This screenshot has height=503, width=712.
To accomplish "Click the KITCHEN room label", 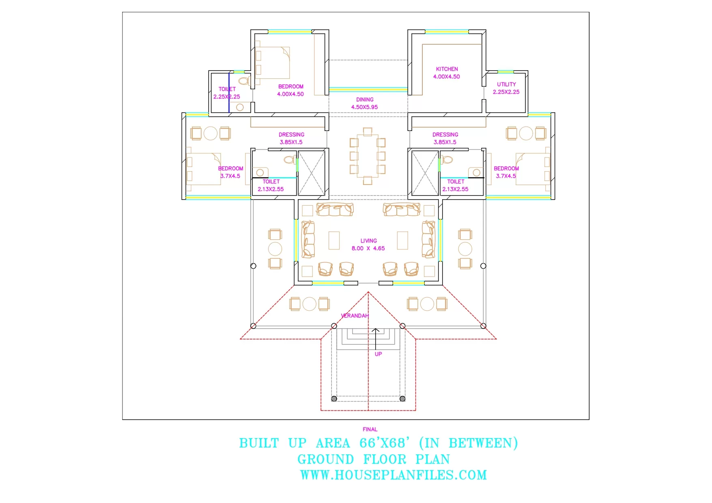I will point(447,69).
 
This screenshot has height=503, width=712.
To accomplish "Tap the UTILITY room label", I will point(506,84).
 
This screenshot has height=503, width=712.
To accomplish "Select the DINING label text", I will point(365,100).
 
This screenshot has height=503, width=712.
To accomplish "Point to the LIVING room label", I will point(368,241).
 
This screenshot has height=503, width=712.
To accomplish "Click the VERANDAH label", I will point(355,316).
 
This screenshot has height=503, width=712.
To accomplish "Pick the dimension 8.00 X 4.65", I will point(368,249).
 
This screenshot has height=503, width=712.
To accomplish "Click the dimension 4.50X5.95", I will point(364,107).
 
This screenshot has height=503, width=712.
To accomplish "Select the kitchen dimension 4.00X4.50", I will point(446,77).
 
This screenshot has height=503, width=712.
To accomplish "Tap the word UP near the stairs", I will point(378,354).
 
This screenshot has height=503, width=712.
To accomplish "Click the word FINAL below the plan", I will point(370,429).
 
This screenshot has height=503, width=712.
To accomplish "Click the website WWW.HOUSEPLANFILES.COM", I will point(393,475).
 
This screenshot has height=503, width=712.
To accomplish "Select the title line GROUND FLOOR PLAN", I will point(373,459).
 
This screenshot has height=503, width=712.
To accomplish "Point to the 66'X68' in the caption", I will point(384,443).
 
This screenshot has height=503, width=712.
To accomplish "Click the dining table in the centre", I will point(368,156).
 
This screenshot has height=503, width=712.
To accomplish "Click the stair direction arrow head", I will point(376,330).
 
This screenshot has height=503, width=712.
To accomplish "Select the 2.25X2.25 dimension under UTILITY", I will point(506,92).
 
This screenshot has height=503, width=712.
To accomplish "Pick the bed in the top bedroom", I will point(272,63).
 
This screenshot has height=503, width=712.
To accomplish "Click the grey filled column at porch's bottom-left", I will point(334,399).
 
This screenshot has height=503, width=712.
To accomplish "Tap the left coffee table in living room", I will point(334,240).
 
